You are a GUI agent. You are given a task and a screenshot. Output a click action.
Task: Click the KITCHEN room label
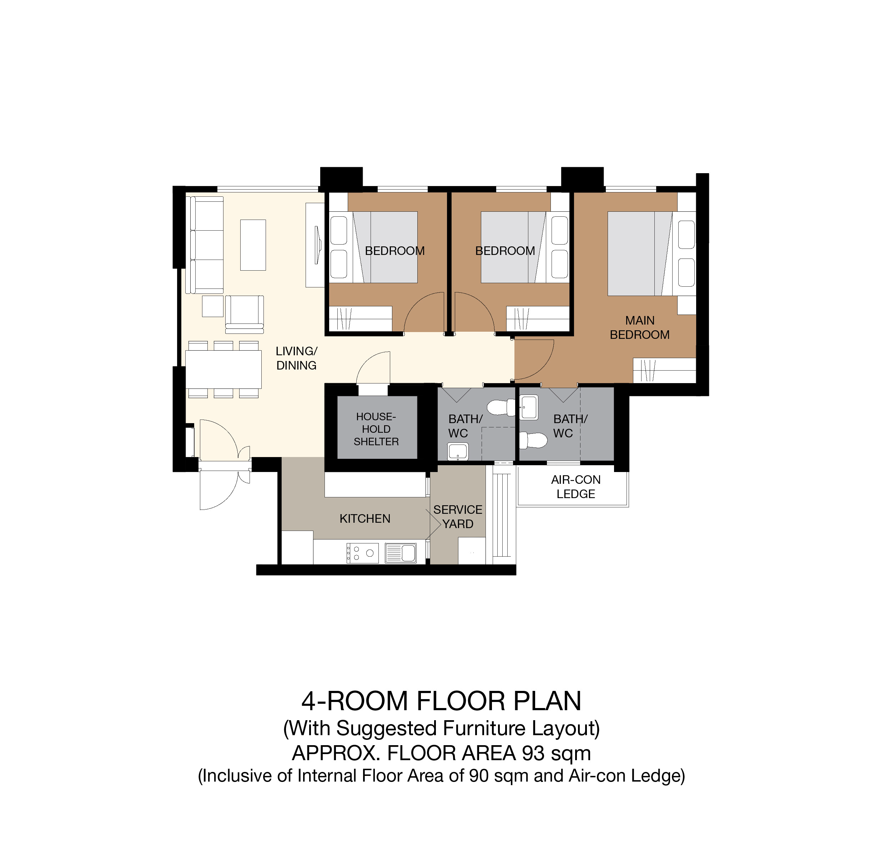[x=365, y=518]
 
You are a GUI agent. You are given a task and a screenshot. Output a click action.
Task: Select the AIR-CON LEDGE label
[x=576, y=487]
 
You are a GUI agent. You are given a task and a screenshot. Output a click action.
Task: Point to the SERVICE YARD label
[x=458, y=517]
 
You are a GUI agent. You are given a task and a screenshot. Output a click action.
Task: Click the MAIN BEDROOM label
[x=640, y=327]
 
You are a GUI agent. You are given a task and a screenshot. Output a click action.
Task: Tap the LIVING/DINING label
[x=297, y=358]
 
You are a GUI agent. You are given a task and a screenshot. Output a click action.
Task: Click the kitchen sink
[x=401, y=553]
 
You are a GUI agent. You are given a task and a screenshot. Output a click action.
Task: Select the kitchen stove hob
[x=363, y=553]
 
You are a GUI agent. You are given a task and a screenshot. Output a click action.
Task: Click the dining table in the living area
[x=223, y=370]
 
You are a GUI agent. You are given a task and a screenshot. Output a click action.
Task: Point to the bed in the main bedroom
[x=652, y=254]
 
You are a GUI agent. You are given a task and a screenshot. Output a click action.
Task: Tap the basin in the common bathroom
[x=458, y=451]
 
